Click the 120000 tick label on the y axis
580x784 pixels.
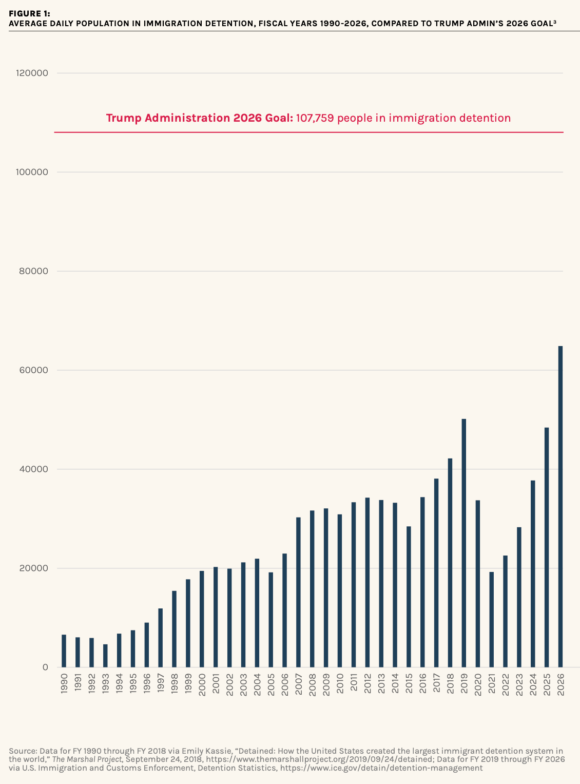[32, 73]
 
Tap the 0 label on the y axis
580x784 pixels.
[45, 667]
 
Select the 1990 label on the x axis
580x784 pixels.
[64, 684]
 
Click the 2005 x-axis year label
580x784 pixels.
[271, 684]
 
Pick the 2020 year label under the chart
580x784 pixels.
[478, 684]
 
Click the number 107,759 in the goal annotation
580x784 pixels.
[315, 118]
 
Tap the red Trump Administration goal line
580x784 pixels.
[308, 132]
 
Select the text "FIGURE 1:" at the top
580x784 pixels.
[29, 14]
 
